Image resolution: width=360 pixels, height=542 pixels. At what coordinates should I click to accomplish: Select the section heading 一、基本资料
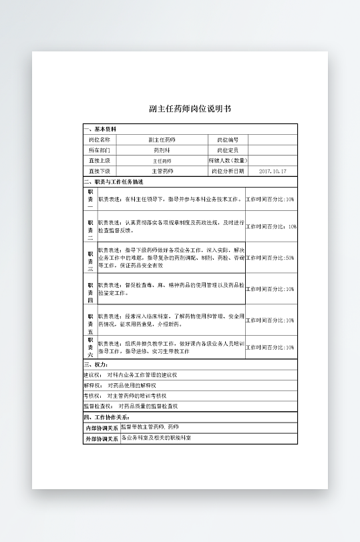[x=100, y=129]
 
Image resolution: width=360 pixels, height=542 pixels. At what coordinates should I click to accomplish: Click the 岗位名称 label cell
[x=100, y=140]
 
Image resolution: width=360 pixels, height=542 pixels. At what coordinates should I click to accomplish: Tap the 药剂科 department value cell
[x=162, y=150]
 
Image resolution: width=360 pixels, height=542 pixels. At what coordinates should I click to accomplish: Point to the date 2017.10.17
[x=272, y=172]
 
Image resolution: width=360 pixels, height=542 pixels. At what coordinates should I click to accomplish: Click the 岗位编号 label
[x=227, y=140]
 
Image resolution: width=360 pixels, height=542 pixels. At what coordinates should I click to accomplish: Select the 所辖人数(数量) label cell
[x=227, y=161]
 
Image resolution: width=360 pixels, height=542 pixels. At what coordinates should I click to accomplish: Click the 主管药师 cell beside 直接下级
[x=162, y=172]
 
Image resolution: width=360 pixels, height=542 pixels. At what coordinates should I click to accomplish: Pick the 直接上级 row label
[x=100, y=161]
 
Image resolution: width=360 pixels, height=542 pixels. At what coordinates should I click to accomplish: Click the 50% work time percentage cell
[x=270, y=258]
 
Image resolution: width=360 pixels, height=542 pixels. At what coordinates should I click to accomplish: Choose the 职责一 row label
[x=90, y=199]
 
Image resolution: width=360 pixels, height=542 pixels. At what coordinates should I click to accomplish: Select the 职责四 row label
[x=90, y=289]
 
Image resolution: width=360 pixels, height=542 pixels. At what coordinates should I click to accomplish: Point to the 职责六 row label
[x=90, y=348]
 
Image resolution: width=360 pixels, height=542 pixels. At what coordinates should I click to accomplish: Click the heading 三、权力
[x=96, y=365]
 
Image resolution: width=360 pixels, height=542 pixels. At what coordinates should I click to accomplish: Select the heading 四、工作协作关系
[x=107, y=417]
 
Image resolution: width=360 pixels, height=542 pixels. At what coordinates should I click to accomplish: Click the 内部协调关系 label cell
[x=102, y=428]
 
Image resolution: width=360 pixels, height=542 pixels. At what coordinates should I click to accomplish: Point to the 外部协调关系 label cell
[x=102, y=439]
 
